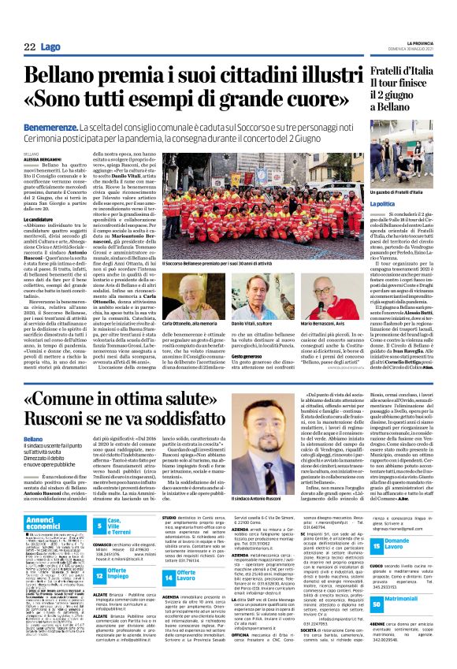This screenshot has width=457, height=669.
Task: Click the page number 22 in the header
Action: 29,48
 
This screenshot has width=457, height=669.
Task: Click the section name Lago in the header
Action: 50,48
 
